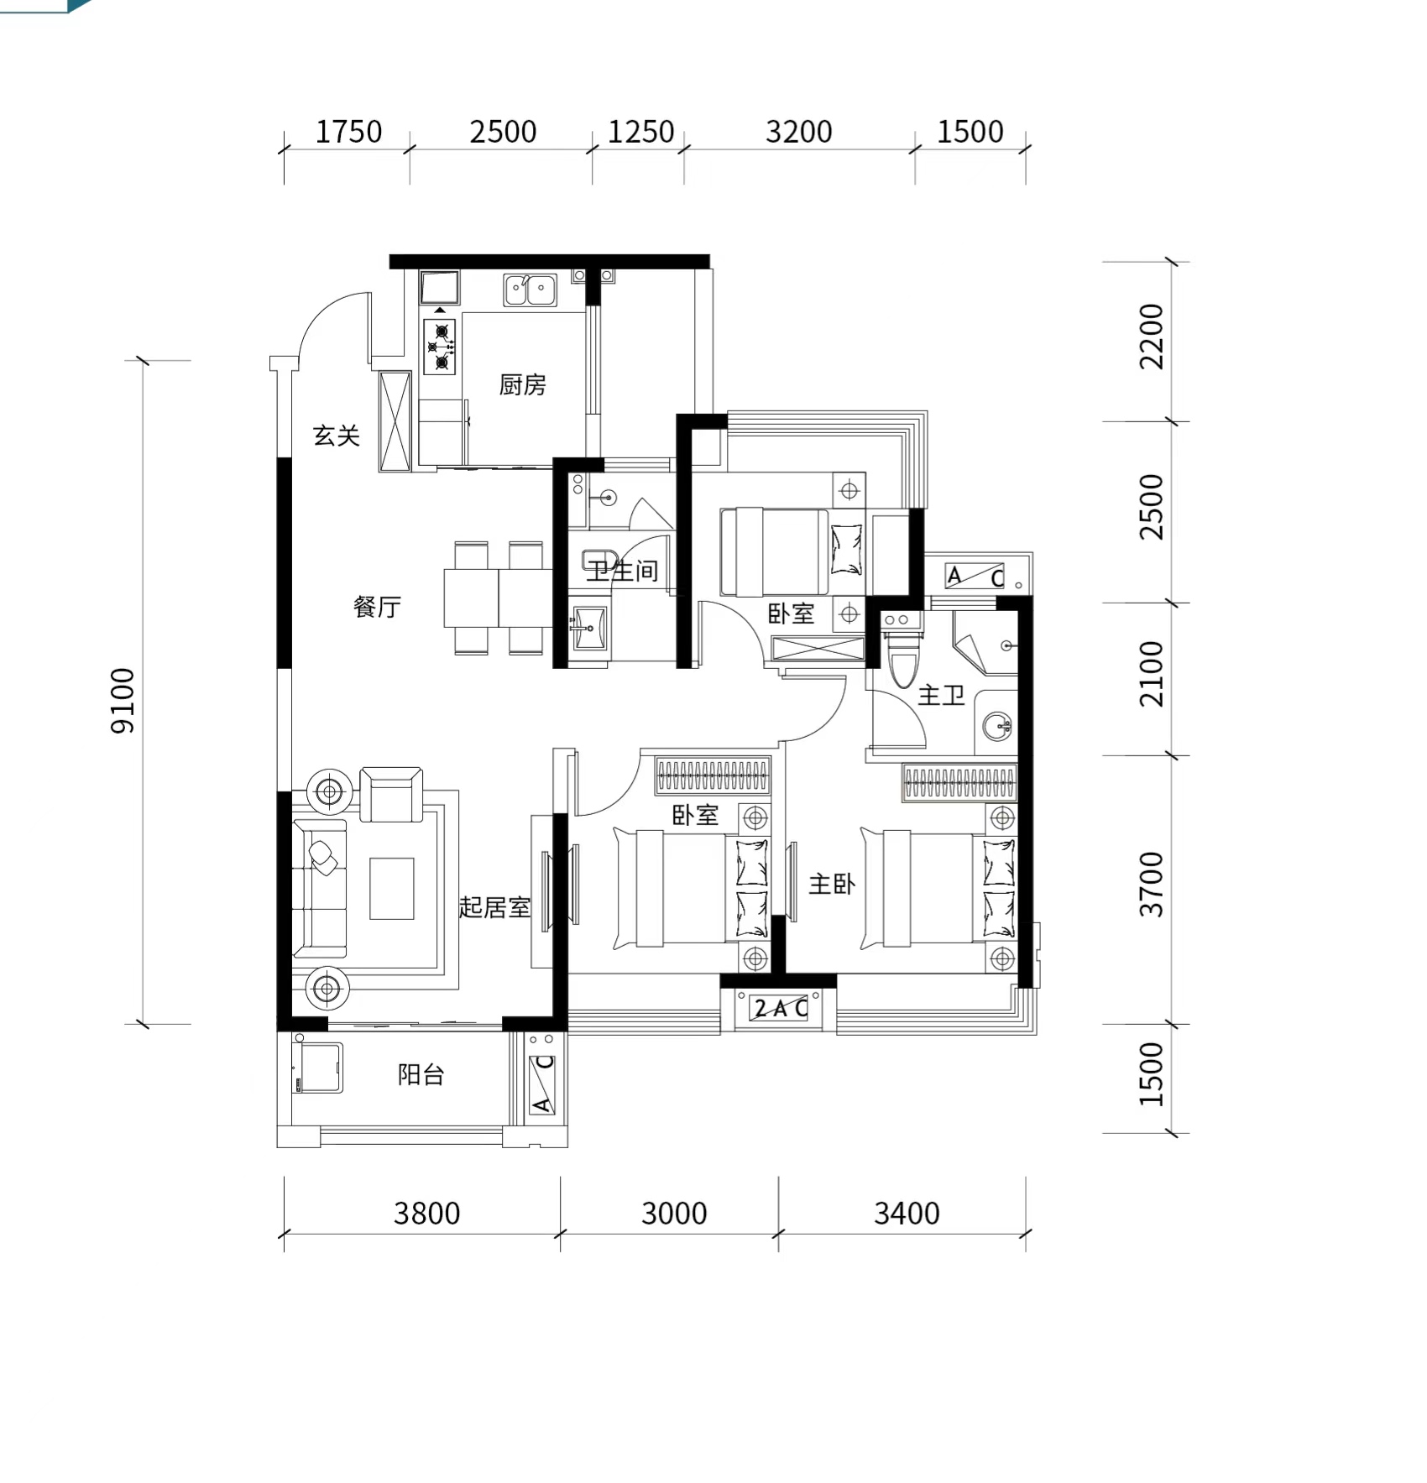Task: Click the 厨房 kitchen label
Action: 522,385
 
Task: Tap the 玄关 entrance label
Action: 337,436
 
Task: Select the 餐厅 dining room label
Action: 377,607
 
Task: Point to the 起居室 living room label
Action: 494,907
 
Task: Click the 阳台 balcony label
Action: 421,1075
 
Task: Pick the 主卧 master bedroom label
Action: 832,884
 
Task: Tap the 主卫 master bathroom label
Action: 941,695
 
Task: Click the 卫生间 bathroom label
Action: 622,572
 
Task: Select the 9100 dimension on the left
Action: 123,701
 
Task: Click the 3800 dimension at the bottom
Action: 427,1214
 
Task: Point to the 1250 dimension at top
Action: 640,132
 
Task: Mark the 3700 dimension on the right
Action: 1152,885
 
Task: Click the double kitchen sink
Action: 531,290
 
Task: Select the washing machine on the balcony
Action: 317,1068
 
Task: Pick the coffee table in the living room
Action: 391,889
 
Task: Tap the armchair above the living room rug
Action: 391,794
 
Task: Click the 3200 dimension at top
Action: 799,132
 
